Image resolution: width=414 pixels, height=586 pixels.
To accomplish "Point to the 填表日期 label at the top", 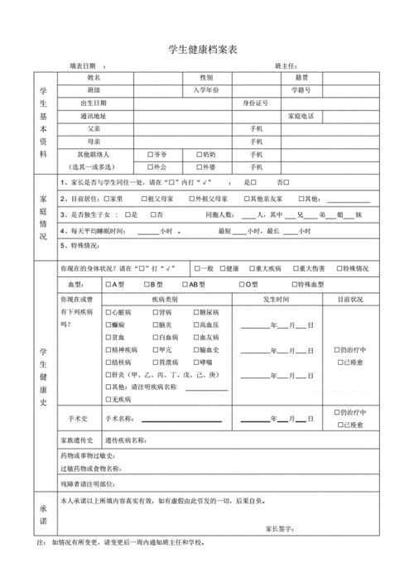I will click(x=82, y=65).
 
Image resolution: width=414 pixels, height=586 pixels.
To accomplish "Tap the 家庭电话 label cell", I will click(x=301, y=117).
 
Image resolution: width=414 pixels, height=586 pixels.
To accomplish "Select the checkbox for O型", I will click(x=242, y=286).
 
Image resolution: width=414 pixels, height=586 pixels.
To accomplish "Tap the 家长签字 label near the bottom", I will click(x=281, y=528).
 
